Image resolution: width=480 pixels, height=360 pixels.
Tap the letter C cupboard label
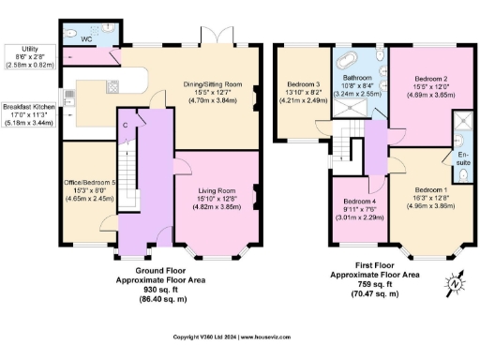pos(124,124)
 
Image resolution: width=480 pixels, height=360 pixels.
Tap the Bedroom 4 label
pos(358,202)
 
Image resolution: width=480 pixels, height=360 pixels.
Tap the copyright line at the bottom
pos(240,336)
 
